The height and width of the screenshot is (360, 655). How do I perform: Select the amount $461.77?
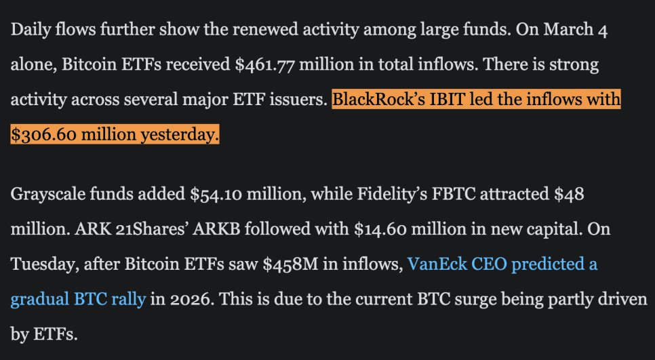tap(264, 64)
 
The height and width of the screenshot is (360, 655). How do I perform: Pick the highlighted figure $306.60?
tap(43, 134)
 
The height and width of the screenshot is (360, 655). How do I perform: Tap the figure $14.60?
tap(380, 229)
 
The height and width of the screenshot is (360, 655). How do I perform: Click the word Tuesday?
tap(41, 264)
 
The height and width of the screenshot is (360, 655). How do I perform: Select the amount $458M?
tap(290, 264)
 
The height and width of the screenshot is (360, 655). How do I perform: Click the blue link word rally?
tap(127, 298)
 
